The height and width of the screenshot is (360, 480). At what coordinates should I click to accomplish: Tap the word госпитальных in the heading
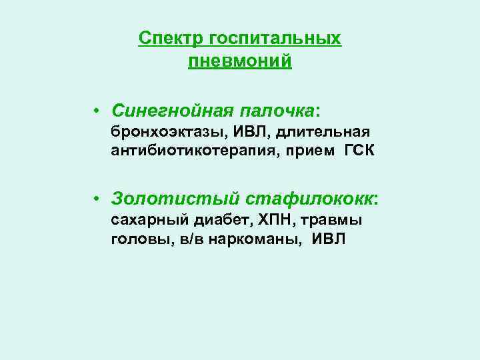pos(275,38)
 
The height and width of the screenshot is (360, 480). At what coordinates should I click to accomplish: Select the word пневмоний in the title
pos(240,62)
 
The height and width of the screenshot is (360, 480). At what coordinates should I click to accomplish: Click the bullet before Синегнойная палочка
pos(97,109)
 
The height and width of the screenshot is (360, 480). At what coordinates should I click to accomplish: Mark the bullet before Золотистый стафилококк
pos(97,199)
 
